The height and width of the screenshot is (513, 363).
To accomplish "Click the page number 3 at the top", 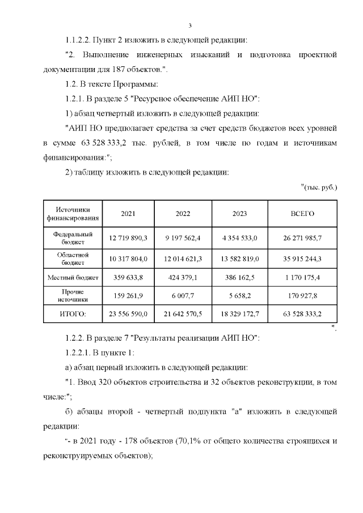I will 191,26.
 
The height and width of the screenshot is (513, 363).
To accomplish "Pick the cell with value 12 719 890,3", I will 128,238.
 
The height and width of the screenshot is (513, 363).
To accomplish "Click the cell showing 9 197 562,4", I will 183,238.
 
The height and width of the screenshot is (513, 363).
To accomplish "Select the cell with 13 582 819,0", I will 239,258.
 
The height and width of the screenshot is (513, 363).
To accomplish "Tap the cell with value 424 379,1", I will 183,277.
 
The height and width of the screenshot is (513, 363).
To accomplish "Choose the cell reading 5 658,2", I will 239,295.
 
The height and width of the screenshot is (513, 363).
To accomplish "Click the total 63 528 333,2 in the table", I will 302,313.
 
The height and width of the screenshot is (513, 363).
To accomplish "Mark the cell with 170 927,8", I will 302,295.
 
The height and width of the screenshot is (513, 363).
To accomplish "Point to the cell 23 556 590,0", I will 128,313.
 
